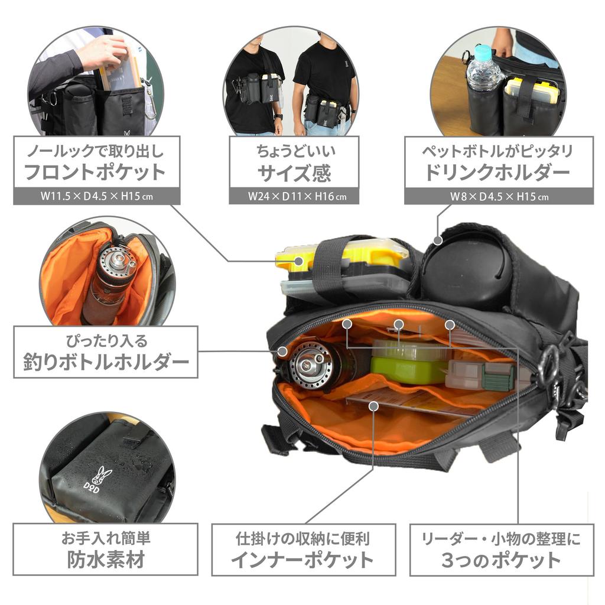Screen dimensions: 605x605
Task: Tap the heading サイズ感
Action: (294, 173)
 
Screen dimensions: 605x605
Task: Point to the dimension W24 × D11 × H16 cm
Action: (294, 196)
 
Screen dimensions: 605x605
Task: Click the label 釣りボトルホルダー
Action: (106, 362)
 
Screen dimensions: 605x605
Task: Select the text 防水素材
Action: (105, 559)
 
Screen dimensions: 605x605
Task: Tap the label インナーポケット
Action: (302, 559)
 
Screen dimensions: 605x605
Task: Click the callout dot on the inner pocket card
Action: (373, 405)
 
